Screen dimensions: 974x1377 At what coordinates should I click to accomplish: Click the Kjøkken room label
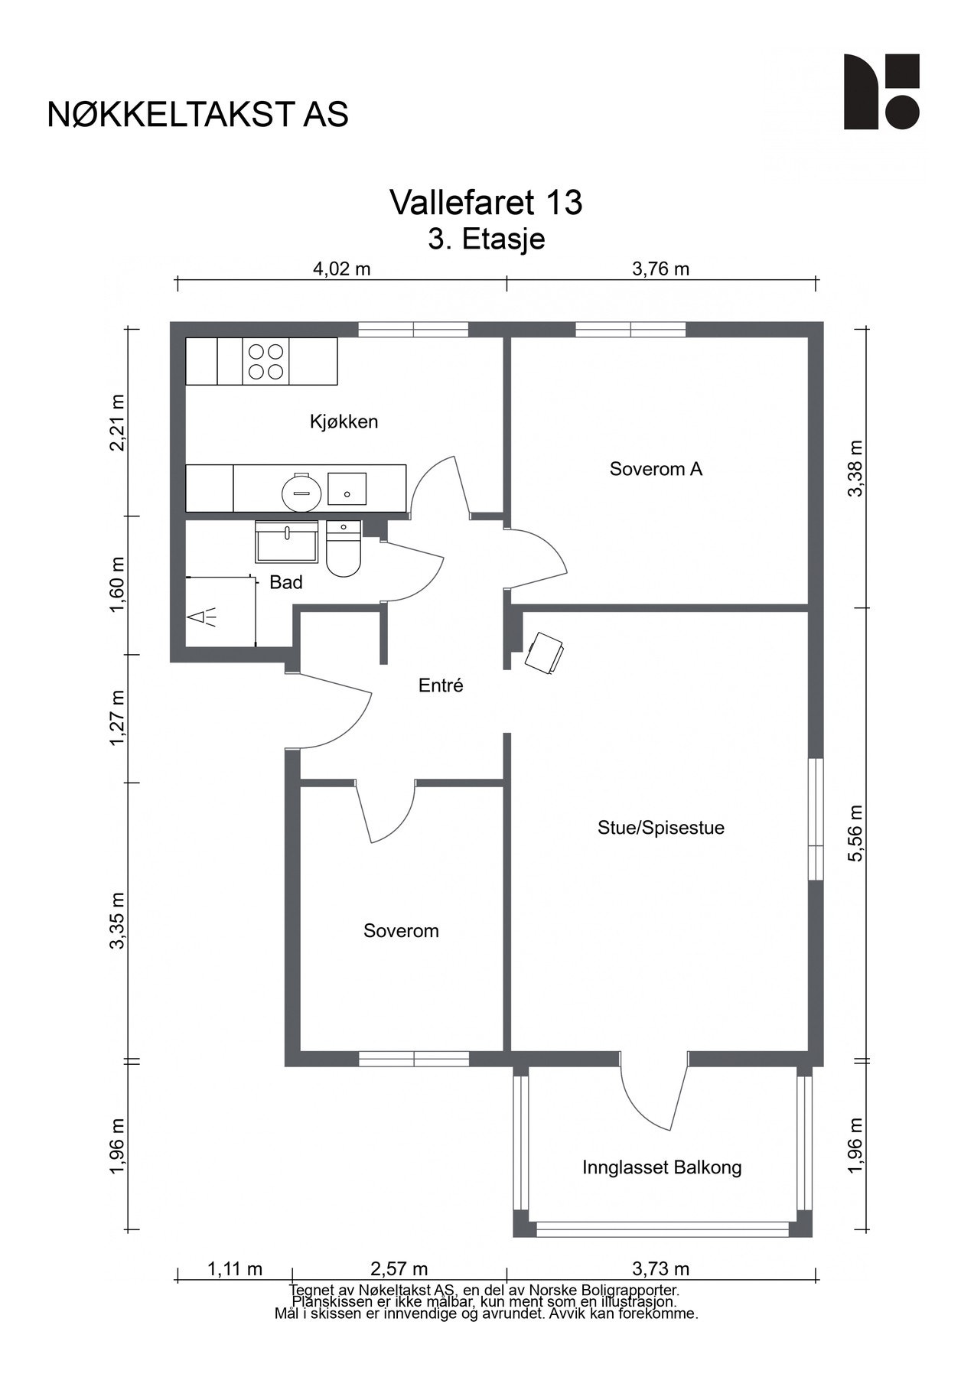[344, 422]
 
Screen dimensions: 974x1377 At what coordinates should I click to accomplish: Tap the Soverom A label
[656, 469]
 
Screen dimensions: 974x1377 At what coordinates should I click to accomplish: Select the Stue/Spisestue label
[661, 828]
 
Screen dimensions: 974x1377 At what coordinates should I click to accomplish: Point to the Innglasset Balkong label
[662, 1167]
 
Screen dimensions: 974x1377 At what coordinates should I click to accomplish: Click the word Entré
[441, 685]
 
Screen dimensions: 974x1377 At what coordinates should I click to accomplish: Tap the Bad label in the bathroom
[286, 582]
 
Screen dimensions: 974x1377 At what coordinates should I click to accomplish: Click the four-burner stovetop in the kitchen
[265, 361]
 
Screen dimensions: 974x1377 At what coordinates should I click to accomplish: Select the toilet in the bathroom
[344, 549]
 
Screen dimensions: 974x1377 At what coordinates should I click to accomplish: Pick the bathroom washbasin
[287, 542]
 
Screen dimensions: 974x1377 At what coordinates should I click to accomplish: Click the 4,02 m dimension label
[341, 269]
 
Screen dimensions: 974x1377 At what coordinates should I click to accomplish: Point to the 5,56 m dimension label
[856, 832]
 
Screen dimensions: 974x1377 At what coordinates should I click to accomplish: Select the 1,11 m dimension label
[234, 1269]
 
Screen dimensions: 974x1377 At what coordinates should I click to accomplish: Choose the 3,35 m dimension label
[117, 920]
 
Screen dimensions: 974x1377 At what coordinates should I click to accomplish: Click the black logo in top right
[881, 92]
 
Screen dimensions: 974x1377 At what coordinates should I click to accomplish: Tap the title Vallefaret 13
[486, 203]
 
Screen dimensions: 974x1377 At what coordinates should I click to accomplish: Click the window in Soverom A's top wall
[630, 330]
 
